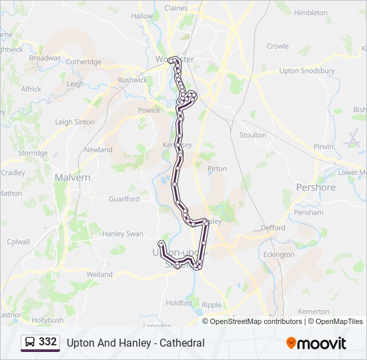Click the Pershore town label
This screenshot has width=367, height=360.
point(316,187)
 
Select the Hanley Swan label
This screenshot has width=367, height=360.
point(122,234)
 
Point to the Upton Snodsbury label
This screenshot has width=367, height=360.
point(307,70)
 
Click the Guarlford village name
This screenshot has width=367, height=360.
point(123,199)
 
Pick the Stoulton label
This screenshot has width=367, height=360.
point(253,135)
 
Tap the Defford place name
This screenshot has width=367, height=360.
point(273,227)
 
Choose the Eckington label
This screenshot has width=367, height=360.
point(278,255)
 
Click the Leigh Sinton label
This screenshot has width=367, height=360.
point(75,122)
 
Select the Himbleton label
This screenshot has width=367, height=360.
point(310,13)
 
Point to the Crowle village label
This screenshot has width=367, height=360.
point(278,46)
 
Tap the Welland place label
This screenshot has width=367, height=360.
point(99,274)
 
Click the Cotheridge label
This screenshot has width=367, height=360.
point(83,62)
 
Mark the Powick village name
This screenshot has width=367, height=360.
point(149,111)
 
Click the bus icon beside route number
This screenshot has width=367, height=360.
point(30,343)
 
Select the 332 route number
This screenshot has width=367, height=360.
point(47,342)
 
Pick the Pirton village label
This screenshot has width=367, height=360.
point(218,169)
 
